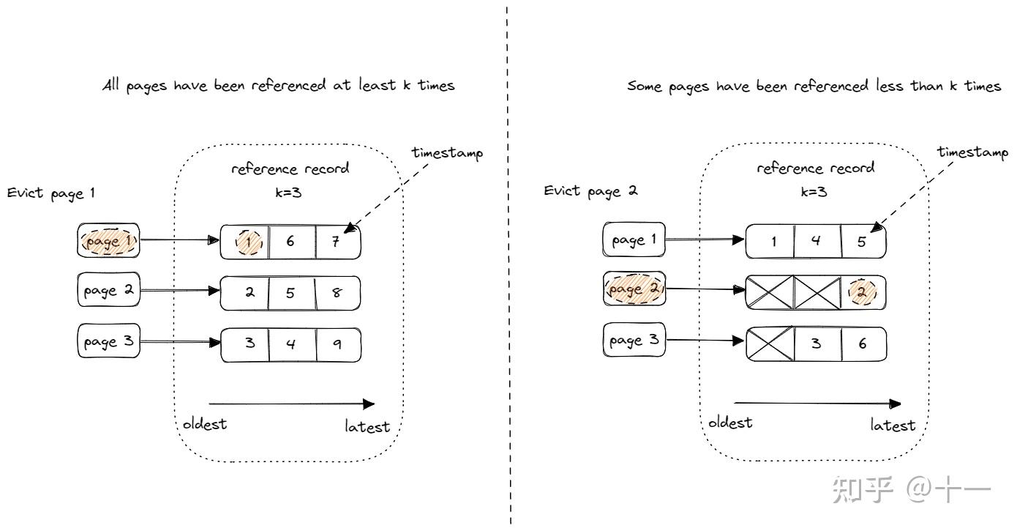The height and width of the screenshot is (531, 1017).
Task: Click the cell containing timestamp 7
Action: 337,242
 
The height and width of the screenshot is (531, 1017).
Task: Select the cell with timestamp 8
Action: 337,292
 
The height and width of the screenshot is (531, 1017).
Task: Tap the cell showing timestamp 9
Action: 337,343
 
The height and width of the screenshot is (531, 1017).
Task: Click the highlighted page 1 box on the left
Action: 108,242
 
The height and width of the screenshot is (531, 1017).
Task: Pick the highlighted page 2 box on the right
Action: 634,290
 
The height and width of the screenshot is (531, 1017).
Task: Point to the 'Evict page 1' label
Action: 51,194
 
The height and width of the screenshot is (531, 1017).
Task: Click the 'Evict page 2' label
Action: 590,191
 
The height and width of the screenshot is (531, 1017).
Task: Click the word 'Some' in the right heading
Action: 645,86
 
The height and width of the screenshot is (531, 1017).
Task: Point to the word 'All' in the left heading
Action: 112,86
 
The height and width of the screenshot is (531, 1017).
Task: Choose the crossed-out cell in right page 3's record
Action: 770,343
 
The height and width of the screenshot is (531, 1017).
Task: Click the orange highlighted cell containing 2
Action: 863,292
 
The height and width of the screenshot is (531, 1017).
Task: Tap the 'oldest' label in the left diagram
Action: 205,425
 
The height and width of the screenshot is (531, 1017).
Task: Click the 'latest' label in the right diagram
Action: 893,425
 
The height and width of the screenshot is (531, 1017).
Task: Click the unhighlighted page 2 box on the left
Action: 108,291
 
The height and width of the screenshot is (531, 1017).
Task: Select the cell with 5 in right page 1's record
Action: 863,242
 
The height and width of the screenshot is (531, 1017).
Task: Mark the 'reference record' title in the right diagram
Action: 815,168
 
